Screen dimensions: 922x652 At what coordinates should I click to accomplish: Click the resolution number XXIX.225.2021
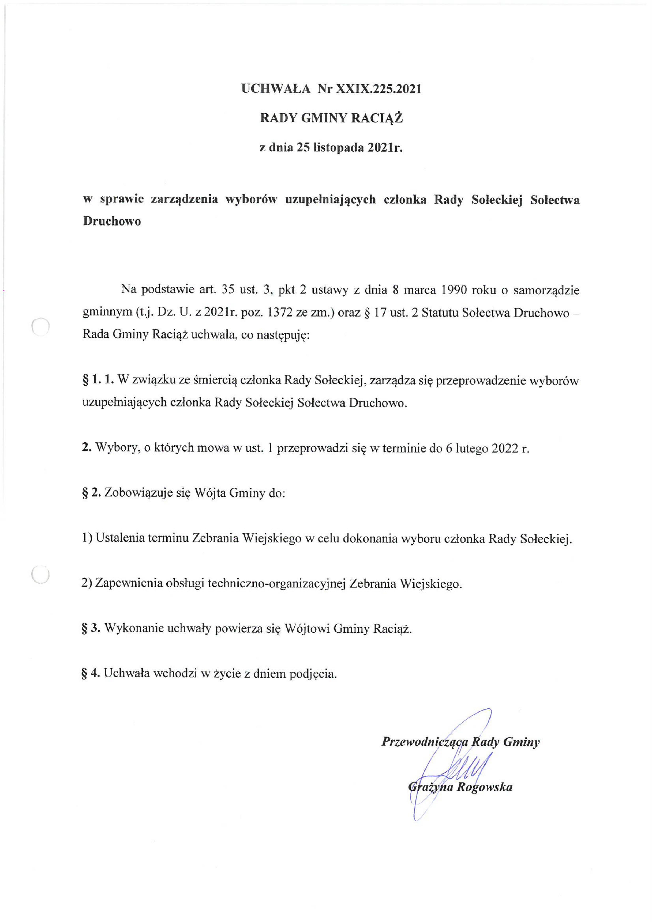[x=378, y=89]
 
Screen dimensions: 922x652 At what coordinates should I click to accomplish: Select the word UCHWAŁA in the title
[x=276, y=89]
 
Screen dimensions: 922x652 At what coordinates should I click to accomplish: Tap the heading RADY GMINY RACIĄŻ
[x=331, y=118]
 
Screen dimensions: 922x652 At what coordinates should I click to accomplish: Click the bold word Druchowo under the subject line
[x=112, y=221]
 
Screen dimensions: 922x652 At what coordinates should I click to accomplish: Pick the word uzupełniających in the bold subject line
[x=330, y=199]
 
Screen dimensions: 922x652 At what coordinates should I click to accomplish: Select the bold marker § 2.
[x=92, y=493]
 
